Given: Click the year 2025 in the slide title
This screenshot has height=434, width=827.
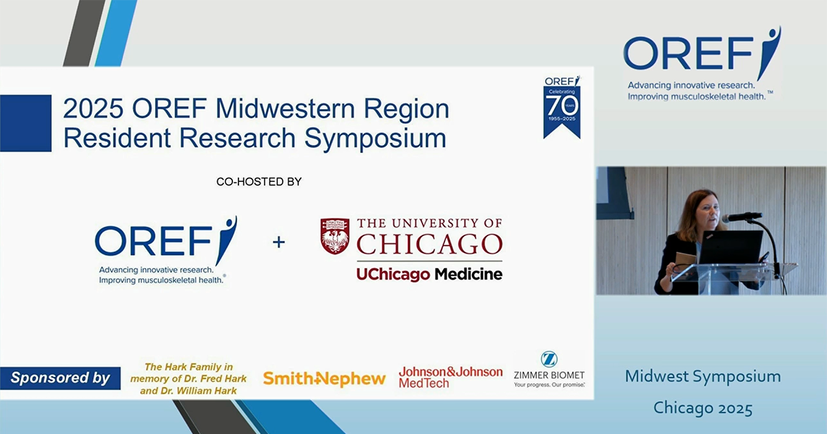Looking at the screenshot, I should (x=91, y=109).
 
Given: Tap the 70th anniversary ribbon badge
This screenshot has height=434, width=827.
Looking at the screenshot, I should (x=562, y=107).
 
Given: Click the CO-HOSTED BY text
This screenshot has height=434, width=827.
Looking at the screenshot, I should (x=259, y=182).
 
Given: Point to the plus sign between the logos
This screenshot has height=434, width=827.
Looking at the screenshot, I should (x=278, y=242).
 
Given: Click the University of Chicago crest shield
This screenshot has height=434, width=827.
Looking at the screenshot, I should (x=335, y=236).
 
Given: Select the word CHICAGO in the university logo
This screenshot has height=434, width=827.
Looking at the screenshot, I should (x=429, y=244).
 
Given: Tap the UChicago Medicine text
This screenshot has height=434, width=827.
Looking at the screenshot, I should (x=429, y=273).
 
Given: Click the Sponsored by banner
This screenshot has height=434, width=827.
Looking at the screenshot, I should (x=61, y=378).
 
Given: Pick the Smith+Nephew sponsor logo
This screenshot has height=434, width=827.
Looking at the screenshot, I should (x=324, y=378).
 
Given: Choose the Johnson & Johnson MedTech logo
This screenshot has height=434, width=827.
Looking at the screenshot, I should (x=450, y=377).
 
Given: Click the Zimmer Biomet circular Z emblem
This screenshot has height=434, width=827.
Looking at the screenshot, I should (x=549, y=359).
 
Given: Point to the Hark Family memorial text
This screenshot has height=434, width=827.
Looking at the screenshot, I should (x=189, y=378).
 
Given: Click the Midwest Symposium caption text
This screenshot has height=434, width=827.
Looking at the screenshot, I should (x=703, y=376).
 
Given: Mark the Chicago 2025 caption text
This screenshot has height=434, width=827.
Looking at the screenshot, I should (x=703, y=407).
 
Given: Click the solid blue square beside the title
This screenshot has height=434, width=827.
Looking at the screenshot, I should (x=25, y=123).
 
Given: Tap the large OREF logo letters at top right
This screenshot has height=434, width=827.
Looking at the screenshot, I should (x=689, y=54).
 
